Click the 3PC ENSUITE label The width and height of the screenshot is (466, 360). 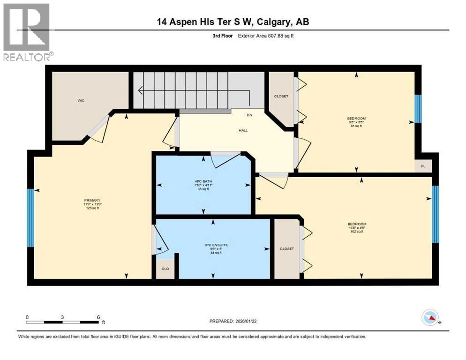coord(213,244)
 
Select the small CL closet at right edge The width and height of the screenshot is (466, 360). coord(423,166)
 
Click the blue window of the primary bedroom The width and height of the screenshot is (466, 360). coord(30,217)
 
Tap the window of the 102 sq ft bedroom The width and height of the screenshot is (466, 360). coord(435,214)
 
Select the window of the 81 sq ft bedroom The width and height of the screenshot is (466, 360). coord(418,109)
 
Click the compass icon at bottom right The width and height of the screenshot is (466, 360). coord(430,317)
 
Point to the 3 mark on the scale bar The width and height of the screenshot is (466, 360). coord(62,317)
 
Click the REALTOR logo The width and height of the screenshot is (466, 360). coord(27,32)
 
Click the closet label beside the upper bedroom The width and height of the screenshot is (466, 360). coord(281,96)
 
